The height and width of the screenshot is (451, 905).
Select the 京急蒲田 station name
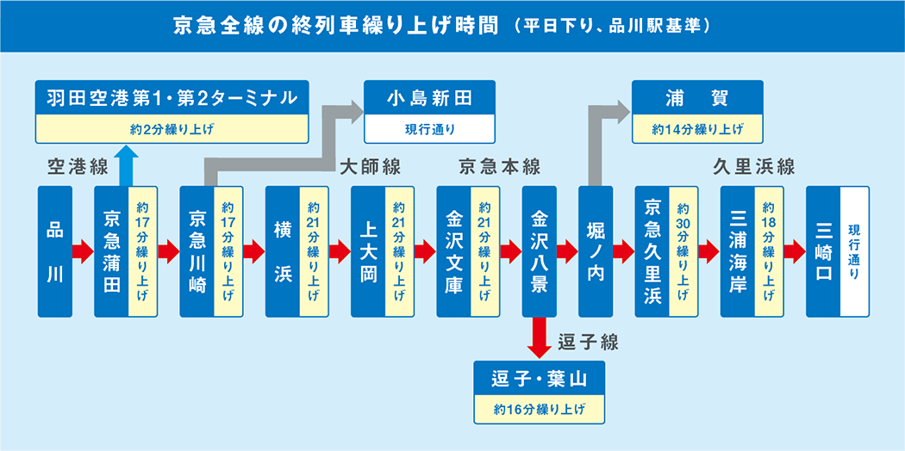(111, 251)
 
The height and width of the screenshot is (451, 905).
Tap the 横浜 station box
(282, 251)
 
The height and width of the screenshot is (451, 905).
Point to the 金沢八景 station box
(539, 251)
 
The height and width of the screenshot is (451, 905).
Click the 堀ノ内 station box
(596, 251)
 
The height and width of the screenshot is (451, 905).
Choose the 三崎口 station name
(822, 251)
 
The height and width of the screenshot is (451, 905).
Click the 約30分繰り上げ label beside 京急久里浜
(683, 251)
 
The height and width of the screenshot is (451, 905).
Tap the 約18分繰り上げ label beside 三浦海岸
(769, 251)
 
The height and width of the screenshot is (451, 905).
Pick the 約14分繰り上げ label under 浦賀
(697, 130)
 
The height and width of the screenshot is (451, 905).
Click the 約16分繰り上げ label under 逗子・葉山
(540, 410)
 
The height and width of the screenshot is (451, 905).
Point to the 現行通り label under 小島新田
(429, 130)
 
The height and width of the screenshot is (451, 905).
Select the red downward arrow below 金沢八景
(539, 337)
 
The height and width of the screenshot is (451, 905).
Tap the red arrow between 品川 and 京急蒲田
(82, 251)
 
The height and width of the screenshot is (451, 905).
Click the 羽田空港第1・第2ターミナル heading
(171, 97)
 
